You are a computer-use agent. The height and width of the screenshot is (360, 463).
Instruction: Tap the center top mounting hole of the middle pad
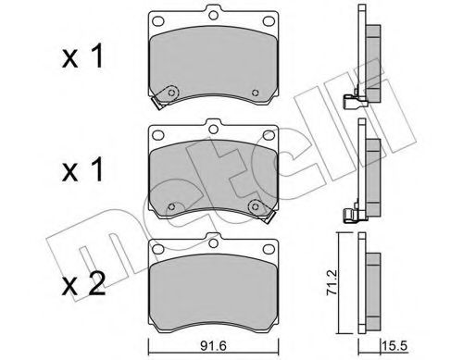(213, 126)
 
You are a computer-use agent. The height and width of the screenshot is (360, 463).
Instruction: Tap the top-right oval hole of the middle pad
(267, 135)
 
